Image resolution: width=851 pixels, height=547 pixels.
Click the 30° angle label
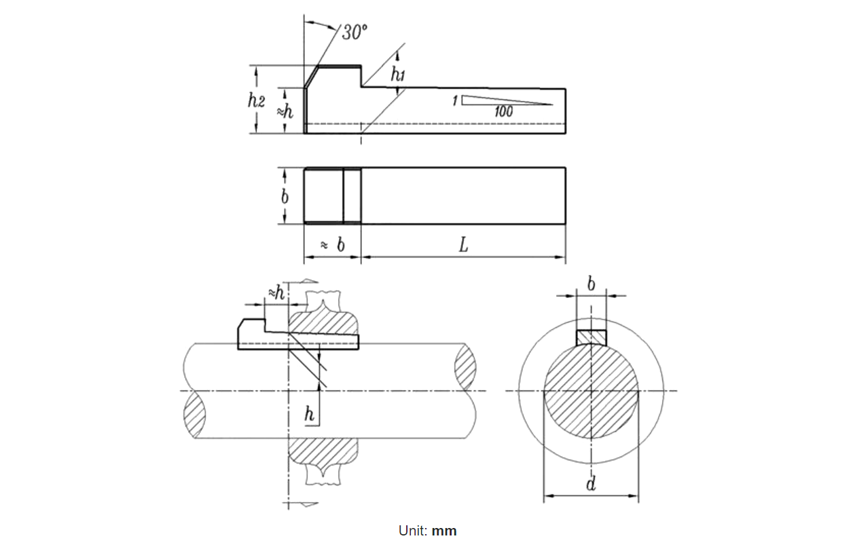354,32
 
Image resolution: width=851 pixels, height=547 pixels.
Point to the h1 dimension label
397,74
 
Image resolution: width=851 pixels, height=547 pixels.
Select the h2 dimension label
255,100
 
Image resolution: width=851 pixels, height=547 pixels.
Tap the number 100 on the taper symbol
503,112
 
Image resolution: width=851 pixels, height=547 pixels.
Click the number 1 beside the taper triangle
454,101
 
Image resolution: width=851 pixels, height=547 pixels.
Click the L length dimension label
463,245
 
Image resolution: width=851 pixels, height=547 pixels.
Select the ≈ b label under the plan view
332,245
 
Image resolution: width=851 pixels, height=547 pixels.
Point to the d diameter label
591,484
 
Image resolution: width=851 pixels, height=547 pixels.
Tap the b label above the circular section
591,284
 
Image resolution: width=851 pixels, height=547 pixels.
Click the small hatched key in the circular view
591,337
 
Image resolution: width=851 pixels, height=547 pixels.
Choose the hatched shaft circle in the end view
591,392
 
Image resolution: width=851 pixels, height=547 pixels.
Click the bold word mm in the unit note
446,531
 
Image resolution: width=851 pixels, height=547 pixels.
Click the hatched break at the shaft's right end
465,367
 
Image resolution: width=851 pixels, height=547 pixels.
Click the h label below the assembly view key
310,415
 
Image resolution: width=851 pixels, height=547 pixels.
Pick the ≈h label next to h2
286,111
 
